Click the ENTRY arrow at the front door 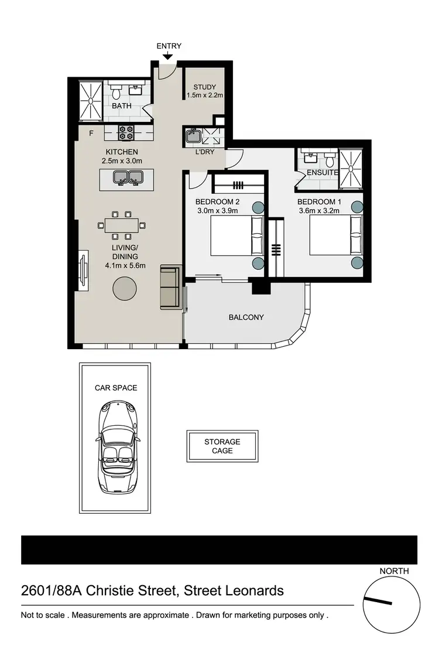point(168,56)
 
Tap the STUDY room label point(205,87)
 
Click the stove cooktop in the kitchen point(126,134)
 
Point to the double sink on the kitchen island point(129,176)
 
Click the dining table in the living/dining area point(122,225)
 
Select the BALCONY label point(246,317)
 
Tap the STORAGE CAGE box point(222,446)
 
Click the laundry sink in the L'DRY point(193,137)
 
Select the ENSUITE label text point(323,173)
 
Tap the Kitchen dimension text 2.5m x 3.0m point(121,161)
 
